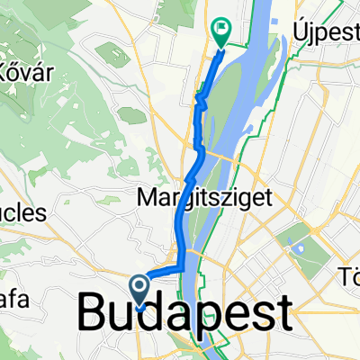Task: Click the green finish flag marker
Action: tap(220, 31)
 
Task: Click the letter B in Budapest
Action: tap(94, 315)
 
